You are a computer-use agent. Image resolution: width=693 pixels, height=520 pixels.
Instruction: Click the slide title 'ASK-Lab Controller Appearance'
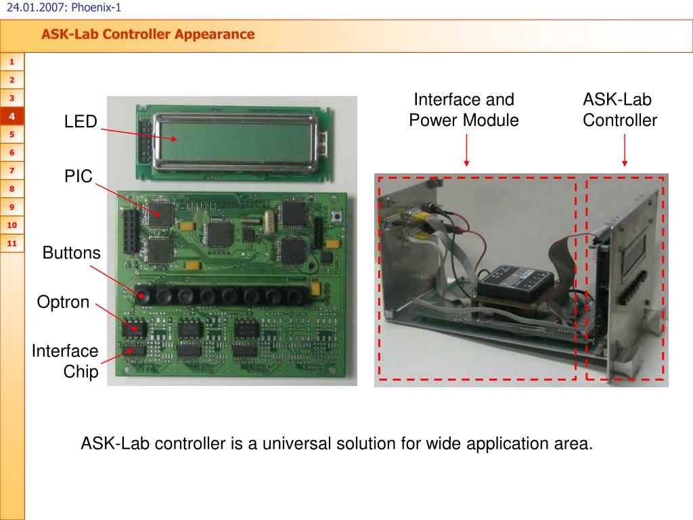click(148, 34)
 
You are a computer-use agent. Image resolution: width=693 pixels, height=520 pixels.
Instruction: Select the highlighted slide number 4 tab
click(12, 116)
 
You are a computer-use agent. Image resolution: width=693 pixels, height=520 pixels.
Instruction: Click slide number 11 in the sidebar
click(12, 243)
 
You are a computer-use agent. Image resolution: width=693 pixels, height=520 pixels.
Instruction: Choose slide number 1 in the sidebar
click(12, 63)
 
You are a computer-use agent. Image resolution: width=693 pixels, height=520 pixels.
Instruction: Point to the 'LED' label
click(81, 122)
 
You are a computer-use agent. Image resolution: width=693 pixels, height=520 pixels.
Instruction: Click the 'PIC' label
click(78, 177)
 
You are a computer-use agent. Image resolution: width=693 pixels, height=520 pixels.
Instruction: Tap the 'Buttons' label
click(71, 253)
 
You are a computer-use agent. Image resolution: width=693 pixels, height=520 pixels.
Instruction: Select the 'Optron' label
click(63, 302)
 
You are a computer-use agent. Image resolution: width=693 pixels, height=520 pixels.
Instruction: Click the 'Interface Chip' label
click(66, 361)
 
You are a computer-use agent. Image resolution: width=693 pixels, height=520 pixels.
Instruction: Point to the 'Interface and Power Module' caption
click(464, 110)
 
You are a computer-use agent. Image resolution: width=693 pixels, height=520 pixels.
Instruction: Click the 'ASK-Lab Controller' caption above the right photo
click(619, 110)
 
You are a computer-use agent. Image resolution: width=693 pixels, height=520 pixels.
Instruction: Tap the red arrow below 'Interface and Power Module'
click(467, 150)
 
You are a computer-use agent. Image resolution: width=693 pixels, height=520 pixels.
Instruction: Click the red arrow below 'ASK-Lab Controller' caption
click(624, 150)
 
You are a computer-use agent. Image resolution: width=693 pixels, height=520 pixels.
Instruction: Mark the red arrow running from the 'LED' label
click(139, 133)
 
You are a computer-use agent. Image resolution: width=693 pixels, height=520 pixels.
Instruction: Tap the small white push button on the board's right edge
click(336, 217)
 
